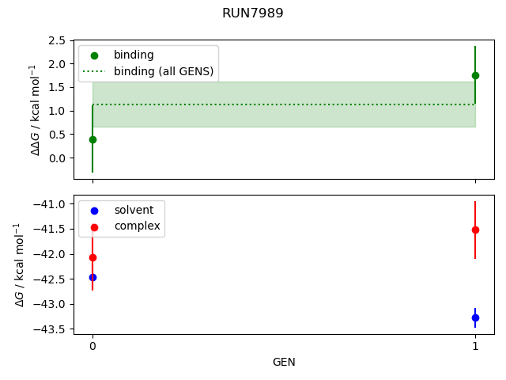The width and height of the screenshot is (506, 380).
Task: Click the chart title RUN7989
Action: (253, 13)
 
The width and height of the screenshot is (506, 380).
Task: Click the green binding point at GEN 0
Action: (93, 139)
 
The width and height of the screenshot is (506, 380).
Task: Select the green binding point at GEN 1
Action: (475, 75)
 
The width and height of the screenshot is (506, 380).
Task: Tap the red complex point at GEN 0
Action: (93, 257)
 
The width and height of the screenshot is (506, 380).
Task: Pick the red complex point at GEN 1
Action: (475, 230)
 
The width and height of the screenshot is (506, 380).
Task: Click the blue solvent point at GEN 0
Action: (93, 277)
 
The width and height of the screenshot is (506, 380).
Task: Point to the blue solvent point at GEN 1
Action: (475, 317)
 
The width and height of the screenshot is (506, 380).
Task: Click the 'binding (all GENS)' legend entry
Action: (163, 71)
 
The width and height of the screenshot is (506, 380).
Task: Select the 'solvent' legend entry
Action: (134, 211)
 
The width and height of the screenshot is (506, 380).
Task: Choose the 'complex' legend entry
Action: (137, 226)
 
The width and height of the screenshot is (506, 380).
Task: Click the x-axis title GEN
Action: (284, 362)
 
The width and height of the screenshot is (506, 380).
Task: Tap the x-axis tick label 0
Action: (93, 346)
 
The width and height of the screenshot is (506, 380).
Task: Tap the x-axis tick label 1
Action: (475, 346)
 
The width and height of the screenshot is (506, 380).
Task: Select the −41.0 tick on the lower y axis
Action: (53, 204)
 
